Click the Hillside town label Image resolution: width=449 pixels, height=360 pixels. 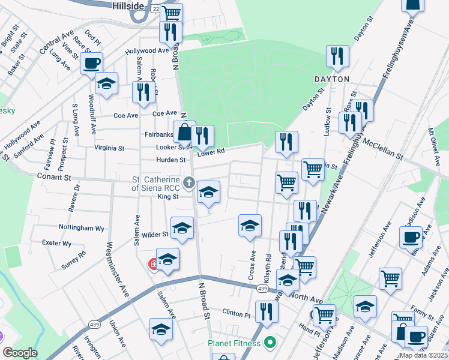pos(128,5)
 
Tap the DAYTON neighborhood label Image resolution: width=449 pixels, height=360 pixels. pos(331,79)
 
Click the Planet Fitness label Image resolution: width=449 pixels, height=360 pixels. pos(234,344)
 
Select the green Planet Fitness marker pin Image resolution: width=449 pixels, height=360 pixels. pos(270,344)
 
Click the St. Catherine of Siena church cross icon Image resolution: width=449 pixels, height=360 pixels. pos(189,182)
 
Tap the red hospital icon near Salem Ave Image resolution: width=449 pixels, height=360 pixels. pos(154,264)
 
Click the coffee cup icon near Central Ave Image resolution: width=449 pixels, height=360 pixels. pos(91,62)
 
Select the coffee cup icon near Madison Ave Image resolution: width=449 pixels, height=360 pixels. pos(411,236)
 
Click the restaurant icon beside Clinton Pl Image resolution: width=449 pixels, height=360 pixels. pos(266,311)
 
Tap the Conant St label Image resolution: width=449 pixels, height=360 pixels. pos(54,178)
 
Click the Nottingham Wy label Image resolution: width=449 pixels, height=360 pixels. pos(82,228)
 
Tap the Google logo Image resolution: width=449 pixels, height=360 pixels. pos(20,353)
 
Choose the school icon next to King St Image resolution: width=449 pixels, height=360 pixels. pos(208,191)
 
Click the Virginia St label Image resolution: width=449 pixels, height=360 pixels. pos(109,148)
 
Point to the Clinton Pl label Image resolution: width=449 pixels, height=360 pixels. pos(236,314)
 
